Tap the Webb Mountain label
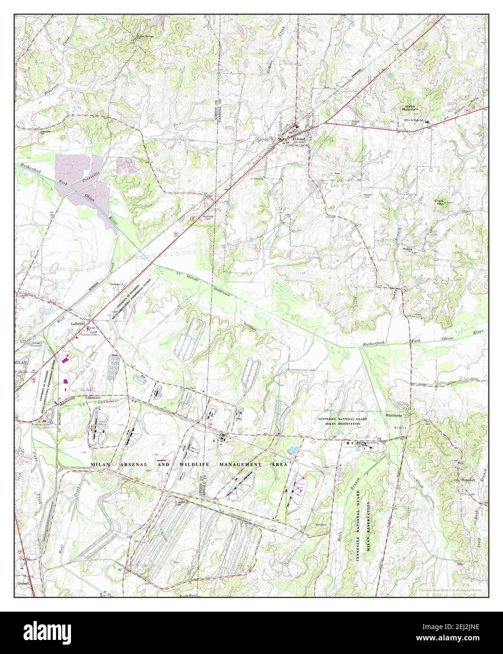[x=409, y=109]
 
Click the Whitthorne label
[x=395, y=415]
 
